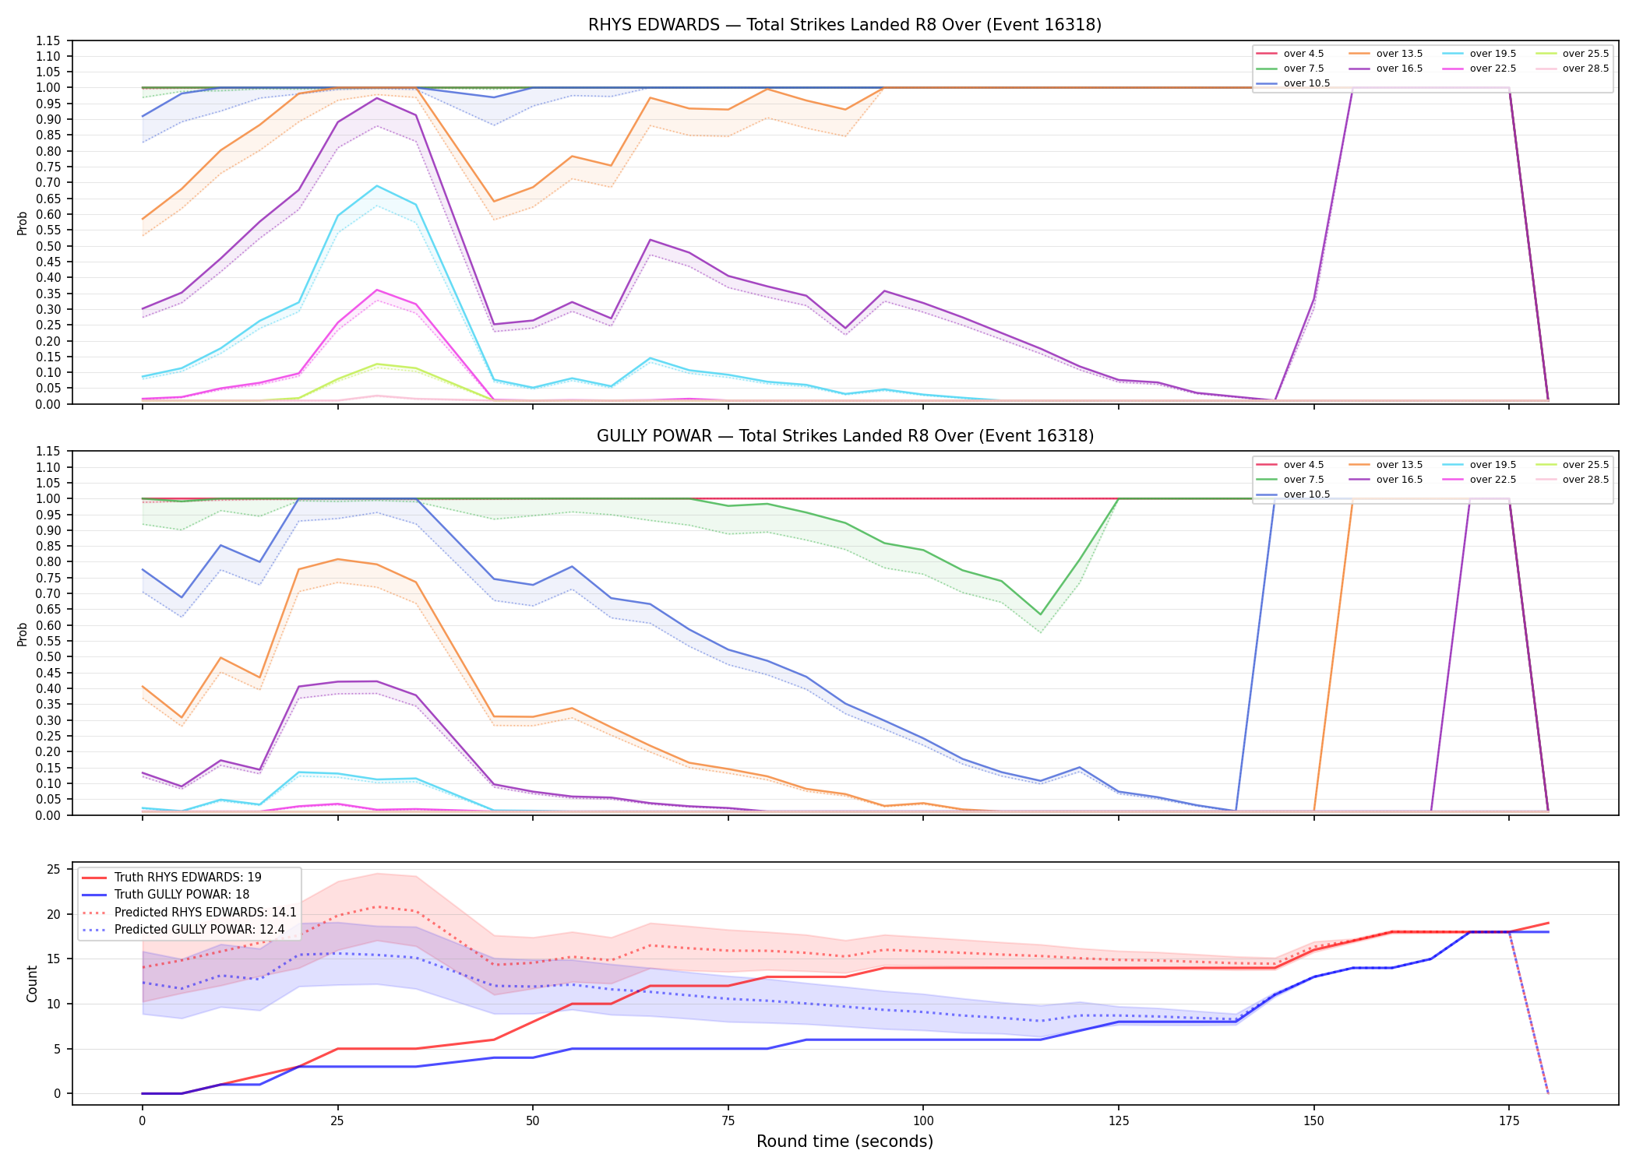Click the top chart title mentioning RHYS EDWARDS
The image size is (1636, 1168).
point(844,25)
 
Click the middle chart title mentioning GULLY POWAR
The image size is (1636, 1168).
point(844,436)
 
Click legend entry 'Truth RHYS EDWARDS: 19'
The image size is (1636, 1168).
point(188,878)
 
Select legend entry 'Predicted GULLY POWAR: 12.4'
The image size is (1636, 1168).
point(199,930)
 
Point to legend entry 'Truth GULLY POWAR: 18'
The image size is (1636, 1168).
point(182,895)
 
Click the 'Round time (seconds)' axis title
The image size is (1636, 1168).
point(844,1142)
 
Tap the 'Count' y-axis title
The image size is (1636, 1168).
point(32,983)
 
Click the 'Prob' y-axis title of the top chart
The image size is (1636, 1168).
point(23,223)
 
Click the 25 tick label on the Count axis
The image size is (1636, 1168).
point(54,870)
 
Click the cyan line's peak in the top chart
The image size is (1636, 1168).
point(377,185)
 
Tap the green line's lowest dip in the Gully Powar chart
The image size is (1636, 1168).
point(1040,614)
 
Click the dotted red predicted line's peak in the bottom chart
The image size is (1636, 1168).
point(377,906)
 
